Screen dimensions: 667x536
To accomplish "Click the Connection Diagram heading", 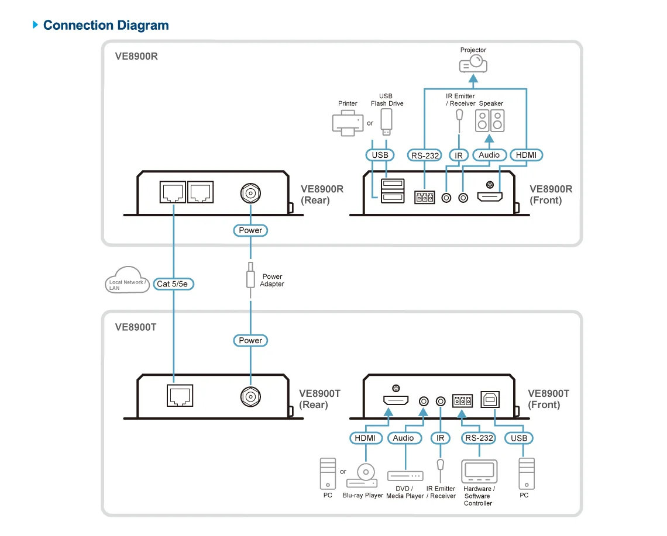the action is point(106,25).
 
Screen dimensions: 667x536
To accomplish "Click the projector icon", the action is point(473,64).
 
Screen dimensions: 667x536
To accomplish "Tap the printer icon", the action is point(348,123).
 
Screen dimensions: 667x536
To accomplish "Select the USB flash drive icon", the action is point(386,122).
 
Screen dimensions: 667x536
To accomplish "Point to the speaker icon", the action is point(490,121).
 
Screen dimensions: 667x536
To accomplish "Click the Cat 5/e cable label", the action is point(173,284).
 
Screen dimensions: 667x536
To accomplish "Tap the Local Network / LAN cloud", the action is point(127,280).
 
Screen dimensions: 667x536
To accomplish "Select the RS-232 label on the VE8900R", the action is point(425,155).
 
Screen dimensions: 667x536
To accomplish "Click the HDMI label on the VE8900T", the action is point(366,438).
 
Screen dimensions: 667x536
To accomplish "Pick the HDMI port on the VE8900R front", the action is point(490,197).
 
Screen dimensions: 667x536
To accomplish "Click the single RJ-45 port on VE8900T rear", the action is point(180,396).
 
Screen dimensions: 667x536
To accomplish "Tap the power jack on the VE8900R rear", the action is point(250,193).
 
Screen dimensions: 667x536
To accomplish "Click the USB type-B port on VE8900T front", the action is point(490,400).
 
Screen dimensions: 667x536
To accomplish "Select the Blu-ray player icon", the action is point(362,476).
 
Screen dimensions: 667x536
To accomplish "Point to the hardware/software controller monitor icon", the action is point(479,471).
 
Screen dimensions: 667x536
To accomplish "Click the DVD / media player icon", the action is point(405,476).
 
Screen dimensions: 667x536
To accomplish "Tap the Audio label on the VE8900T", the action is point(404,438).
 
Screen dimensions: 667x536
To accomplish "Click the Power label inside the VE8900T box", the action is point(250,340).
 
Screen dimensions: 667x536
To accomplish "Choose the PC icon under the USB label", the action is point(527,474).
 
